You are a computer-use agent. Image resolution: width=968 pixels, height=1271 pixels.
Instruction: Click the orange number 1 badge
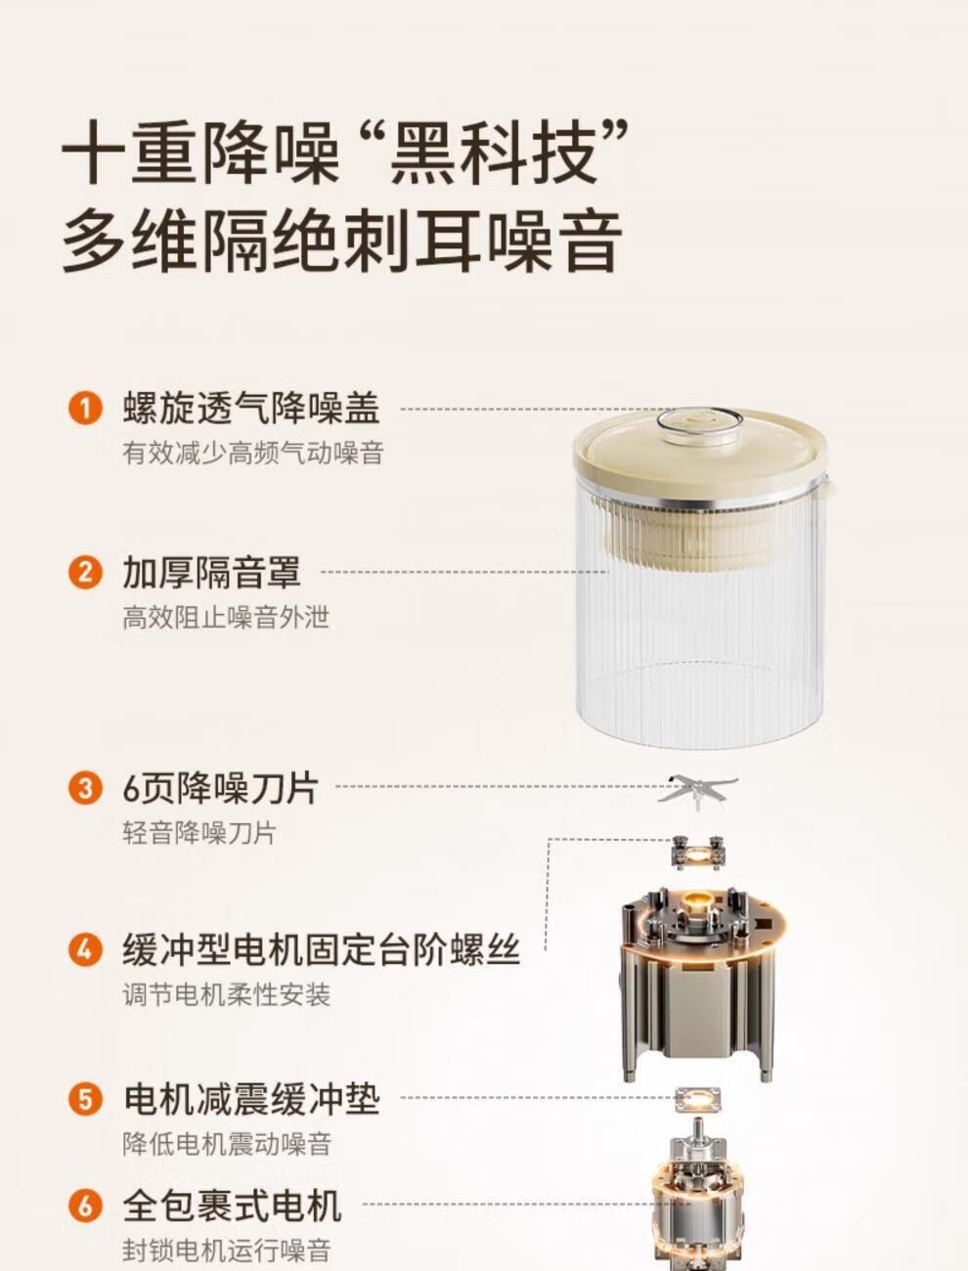85,410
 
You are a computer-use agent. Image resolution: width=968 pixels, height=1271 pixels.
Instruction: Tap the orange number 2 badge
85,573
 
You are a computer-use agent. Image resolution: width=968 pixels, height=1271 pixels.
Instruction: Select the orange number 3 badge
85,789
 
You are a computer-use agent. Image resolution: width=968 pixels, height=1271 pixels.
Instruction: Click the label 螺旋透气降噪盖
251,409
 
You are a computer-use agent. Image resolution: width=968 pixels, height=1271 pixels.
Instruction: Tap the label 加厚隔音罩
212,573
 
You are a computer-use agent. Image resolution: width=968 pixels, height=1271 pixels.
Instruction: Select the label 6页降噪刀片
221,789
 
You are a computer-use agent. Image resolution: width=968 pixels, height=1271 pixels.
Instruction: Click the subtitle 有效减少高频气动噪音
253,453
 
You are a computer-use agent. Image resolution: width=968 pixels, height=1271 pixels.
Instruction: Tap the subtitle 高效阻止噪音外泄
226,617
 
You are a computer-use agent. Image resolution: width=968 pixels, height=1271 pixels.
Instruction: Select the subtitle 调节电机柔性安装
227,994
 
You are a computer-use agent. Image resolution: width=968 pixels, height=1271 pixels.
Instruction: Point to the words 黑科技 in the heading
493,153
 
